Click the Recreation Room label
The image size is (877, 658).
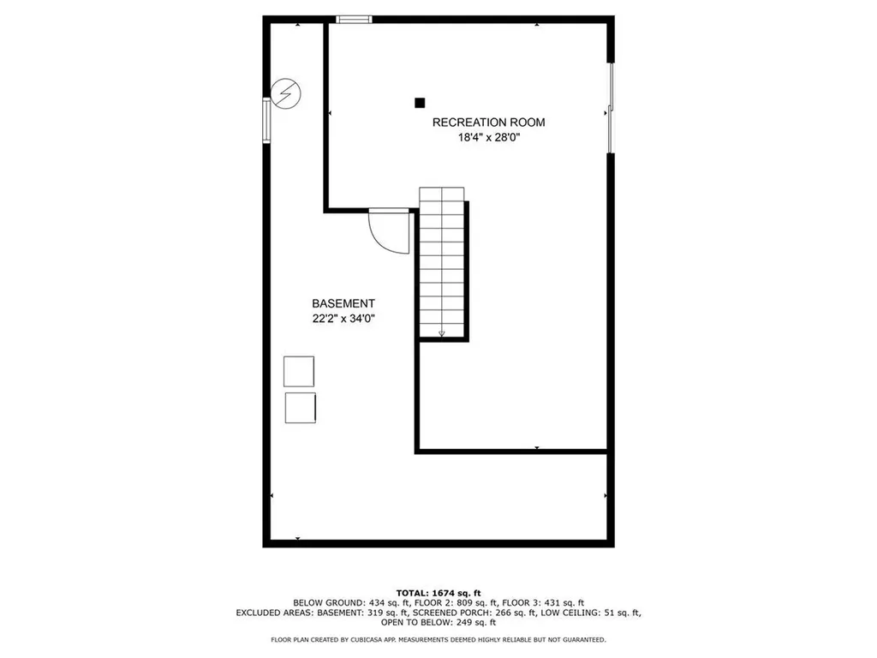tap(488, 122)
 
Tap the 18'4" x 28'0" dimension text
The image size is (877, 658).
tap(488, 137)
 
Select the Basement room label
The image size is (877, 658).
tap(343, 303)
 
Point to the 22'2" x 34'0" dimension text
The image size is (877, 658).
tap(343, 319)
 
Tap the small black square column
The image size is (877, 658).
tap(420, 103)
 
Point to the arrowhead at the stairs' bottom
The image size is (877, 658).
tap(442, 333)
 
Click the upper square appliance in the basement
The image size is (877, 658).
tap(299, 371)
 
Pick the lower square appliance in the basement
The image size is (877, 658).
tap(300, 407)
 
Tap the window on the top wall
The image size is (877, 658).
tap(353, 19)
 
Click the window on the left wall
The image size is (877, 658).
tap(266, 120)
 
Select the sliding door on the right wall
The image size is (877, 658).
tap(610, 108)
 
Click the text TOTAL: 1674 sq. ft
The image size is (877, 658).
tap(438, 593)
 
